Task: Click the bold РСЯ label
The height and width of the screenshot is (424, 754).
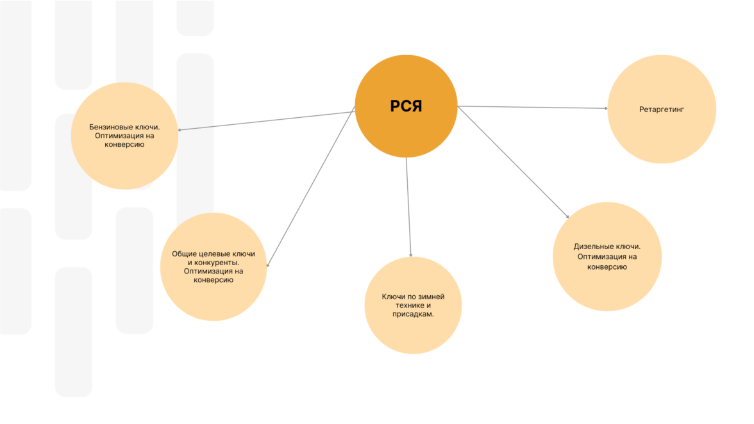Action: (x=406, y=106)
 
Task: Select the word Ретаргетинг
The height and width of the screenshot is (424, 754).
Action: (x=662, y=110)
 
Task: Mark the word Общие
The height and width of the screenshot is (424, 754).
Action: (x=183, y=254)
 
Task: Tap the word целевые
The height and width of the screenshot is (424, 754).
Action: (x=215, y=254)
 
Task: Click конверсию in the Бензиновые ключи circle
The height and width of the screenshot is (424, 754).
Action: (x=124, y=145)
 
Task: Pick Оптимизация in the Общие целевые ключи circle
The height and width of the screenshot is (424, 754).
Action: (x=206, y=271)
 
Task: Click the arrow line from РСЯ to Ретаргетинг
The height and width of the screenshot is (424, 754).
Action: (x=532, y=108)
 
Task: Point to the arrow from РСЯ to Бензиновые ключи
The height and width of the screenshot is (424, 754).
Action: (x=266, y=121)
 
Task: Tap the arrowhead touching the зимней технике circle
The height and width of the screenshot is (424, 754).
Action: (x=410, y=254)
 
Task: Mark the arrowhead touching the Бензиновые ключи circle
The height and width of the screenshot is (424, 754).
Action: (x=180, y=130)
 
